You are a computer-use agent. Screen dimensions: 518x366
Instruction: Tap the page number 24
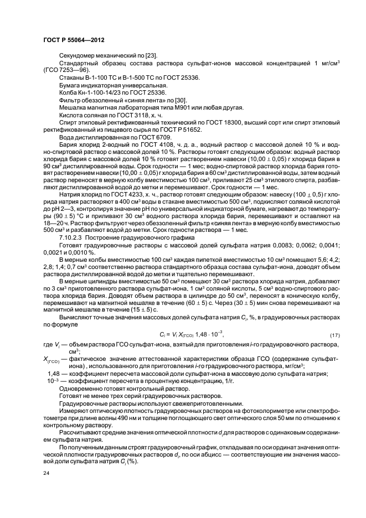coord(46,474)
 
